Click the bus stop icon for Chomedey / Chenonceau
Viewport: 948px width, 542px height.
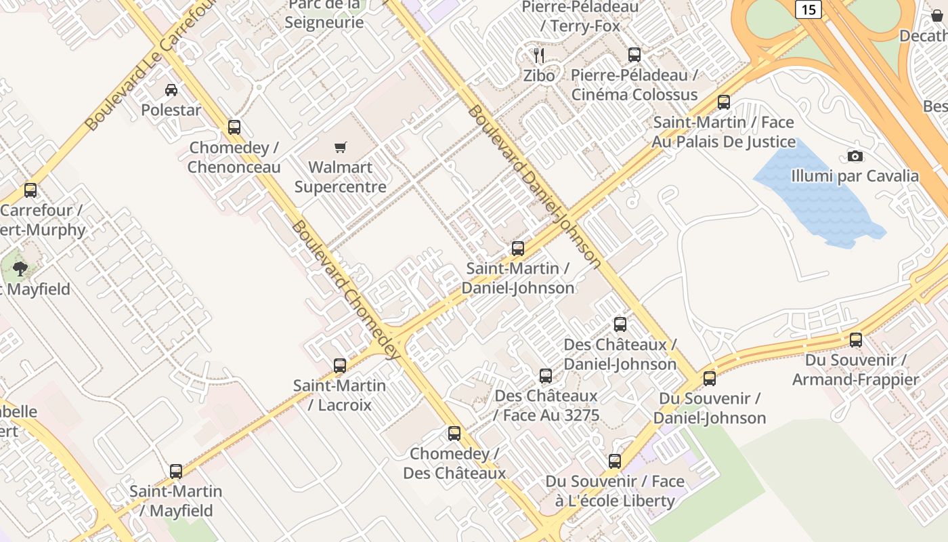(234, 127)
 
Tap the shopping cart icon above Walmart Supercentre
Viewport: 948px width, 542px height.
(341, 147)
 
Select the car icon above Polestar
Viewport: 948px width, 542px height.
(171, 89)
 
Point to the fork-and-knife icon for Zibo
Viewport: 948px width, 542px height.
(539, 55)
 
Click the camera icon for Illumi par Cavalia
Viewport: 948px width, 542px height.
(855, 157)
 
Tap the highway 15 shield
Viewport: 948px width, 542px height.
(808, 9)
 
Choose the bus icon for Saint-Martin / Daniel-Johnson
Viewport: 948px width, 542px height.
(518, 248)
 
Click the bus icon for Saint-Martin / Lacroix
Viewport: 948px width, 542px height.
(340, 365)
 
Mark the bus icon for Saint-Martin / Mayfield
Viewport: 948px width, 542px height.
(176, 471)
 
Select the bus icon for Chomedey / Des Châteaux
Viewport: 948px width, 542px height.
(454, 433)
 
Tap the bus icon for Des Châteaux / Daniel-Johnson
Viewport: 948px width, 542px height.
(620, 325)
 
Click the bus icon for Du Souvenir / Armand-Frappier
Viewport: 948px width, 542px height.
(856, 339)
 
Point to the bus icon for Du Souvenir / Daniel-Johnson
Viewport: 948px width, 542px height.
(710, 378)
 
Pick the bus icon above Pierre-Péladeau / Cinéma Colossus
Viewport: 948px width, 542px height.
(634, 55)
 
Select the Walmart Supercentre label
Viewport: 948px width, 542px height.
(341, 177)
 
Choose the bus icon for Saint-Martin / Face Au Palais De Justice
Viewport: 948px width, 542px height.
(724, 102)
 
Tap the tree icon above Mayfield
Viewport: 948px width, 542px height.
(20, 269)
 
